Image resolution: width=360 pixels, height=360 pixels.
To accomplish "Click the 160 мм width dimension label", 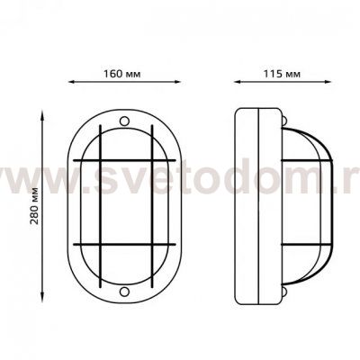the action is tap(121, 74).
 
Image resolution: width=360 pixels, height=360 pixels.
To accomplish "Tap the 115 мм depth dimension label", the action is tap(282, 74).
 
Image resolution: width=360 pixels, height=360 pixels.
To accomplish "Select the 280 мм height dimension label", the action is tap(35, 206).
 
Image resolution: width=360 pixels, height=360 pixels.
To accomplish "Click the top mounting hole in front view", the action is tap(124, 121).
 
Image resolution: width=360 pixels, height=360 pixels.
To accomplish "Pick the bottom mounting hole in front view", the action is tap(124, 292).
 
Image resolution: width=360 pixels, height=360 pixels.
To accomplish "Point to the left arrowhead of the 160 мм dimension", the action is tap(72, 82).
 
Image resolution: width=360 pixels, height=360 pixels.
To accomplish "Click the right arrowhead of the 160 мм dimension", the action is tap(177, 82).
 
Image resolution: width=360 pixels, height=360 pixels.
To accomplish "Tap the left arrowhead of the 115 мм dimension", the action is tap(238, 82).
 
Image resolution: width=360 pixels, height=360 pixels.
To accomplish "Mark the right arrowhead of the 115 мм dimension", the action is tap(328, 82).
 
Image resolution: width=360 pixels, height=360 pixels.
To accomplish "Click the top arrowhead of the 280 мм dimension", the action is tap(42, 113).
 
